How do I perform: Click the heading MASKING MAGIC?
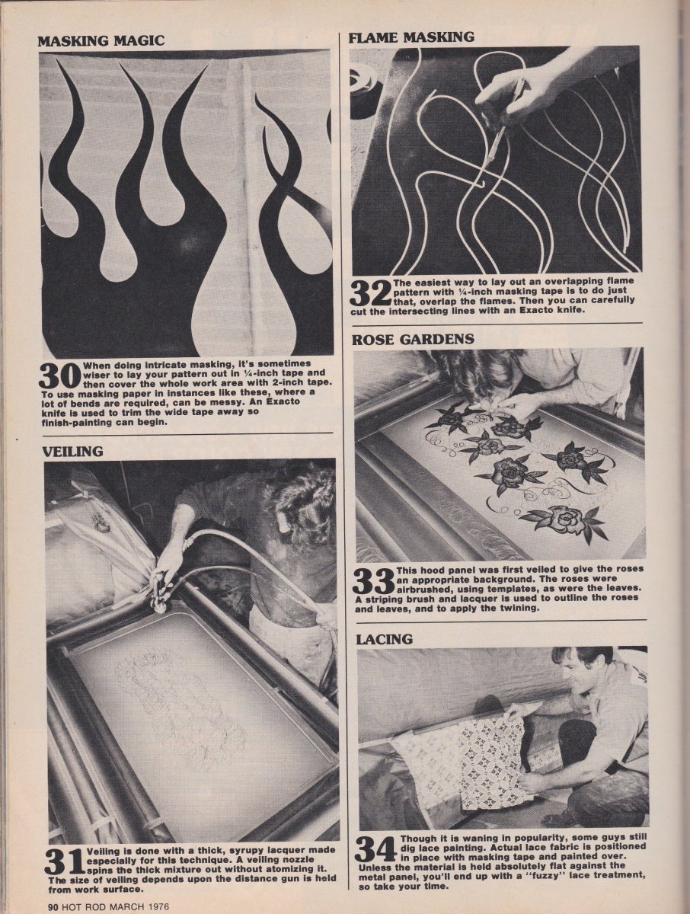click(101, 41)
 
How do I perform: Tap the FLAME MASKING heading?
click(410, 37)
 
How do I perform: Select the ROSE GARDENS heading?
click(413, 339)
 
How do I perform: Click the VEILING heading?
click(74, 452)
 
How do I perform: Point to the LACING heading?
click(384, 639)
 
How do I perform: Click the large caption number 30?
click(60, 376)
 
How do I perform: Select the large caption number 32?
click(371, 293)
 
